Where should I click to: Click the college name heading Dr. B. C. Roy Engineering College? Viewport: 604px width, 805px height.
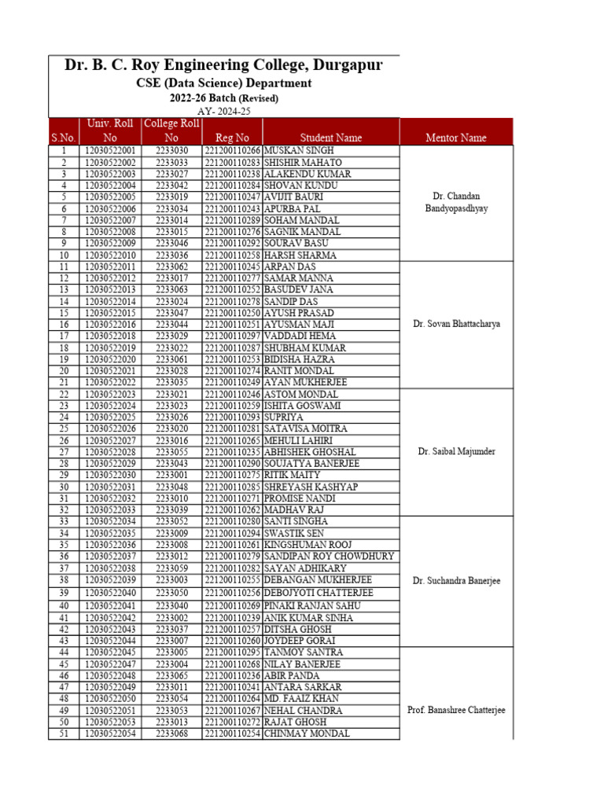coord(223,65)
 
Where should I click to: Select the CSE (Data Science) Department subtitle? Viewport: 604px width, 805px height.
coord(223,83)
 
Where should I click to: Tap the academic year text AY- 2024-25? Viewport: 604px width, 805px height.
coord(223,112)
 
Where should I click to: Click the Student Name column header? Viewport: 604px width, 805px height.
coord(330,138)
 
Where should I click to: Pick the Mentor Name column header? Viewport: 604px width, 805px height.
coord(456,138)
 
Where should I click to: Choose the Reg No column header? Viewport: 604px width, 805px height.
coord(232,138)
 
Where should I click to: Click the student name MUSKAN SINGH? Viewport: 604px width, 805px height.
coord(299,150)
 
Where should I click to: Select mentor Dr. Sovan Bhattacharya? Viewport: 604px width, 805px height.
coord(456,323)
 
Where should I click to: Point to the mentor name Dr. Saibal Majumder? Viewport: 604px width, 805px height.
coord(456,451)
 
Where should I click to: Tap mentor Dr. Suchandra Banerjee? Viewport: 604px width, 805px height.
coord(456,581)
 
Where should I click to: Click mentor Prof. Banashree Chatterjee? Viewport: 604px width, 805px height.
coord(456,710)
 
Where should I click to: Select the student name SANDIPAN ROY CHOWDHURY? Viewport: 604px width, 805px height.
coord(329,557)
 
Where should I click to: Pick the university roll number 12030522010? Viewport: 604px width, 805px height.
coord(110,255)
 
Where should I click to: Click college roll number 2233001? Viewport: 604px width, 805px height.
coord(171,476)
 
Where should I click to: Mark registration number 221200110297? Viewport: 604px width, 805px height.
coord(232,336)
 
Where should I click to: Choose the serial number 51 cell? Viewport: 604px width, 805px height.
coord(64,734)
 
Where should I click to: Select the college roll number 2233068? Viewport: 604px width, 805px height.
coord(171,734)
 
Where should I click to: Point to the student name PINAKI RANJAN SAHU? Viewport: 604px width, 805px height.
coord(312,605)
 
